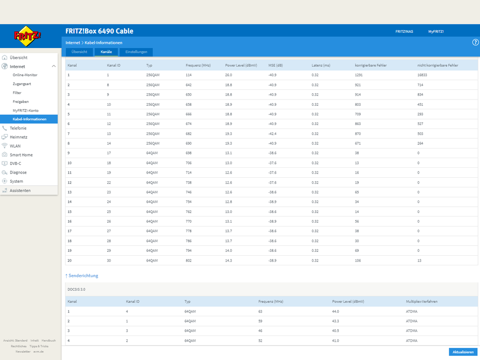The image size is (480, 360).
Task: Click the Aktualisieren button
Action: click(463, 352)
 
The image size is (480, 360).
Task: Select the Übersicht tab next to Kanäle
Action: click(79, 52)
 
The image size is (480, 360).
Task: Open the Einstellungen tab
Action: click(136, 52)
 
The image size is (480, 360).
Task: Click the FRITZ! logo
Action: click(27, 36)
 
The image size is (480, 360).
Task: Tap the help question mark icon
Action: click(475, 42)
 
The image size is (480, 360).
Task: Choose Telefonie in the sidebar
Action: click(18, 128)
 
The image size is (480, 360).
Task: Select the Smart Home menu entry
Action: click(21, 155)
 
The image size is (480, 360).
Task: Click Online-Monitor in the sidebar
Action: click(25, 75)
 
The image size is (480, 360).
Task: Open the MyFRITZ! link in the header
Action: click(436, 32)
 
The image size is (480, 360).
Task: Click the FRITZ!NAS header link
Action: click(404, 32)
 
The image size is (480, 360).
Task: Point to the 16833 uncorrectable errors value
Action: click(422, 75)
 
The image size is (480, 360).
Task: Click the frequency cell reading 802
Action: click(188, 261)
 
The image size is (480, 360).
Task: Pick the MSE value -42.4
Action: click(272, 134)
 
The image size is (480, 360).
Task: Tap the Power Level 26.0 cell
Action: click(229, 75)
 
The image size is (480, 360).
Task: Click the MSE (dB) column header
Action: click(275, 65)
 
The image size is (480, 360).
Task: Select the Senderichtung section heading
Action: click(82, 275)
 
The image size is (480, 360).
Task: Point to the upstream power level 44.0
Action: click(335, 311)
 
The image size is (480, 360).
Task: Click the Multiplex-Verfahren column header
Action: click(421, 301)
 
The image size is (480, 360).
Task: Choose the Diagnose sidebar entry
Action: click(18, 173)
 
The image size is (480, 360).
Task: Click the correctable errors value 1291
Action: click(358, 75)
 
